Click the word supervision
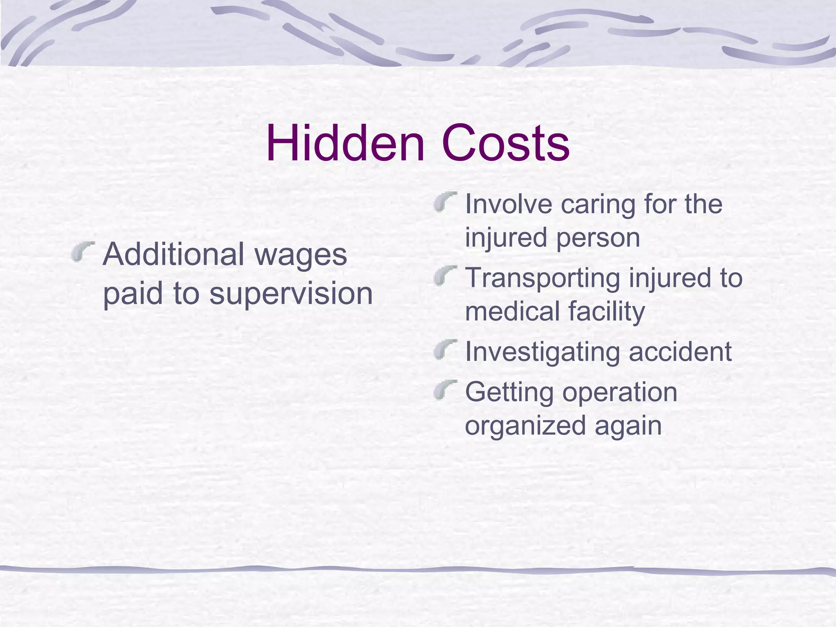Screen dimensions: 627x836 (x=291, y=294)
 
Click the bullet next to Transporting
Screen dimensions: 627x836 (x=445, y=276)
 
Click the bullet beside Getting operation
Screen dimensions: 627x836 (x=445, y=389)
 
